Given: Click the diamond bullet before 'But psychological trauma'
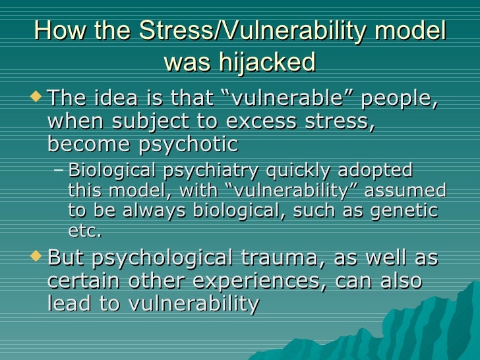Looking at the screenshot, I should click(36, 256).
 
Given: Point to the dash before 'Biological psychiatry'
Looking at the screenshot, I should click(58, 171).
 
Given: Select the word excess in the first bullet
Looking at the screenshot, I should click(272, 123).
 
